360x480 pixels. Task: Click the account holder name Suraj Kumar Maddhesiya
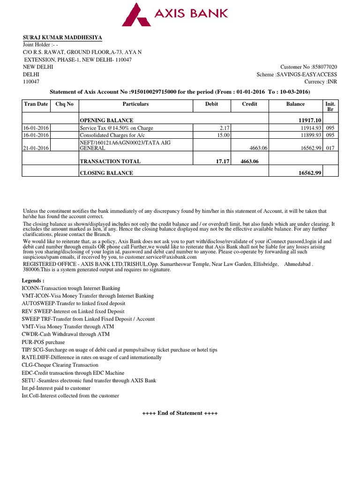tap(62, 37)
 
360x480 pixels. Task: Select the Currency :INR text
tap(321, 82)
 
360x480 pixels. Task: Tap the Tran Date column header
tap(36, 104)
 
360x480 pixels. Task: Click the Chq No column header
tap(64, 104)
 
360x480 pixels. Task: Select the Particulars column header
tap(135, 104)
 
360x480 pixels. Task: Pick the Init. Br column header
tap(330, 106)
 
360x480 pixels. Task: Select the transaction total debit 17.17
tap(220, 161)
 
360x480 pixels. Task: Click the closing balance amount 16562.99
tap(309, 173)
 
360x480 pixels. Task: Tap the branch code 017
tap(330, 148)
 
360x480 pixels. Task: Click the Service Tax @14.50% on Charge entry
tap(116, 128)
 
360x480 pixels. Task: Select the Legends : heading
tap(33, 280)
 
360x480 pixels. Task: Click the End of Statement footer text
tap(180, 413)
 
